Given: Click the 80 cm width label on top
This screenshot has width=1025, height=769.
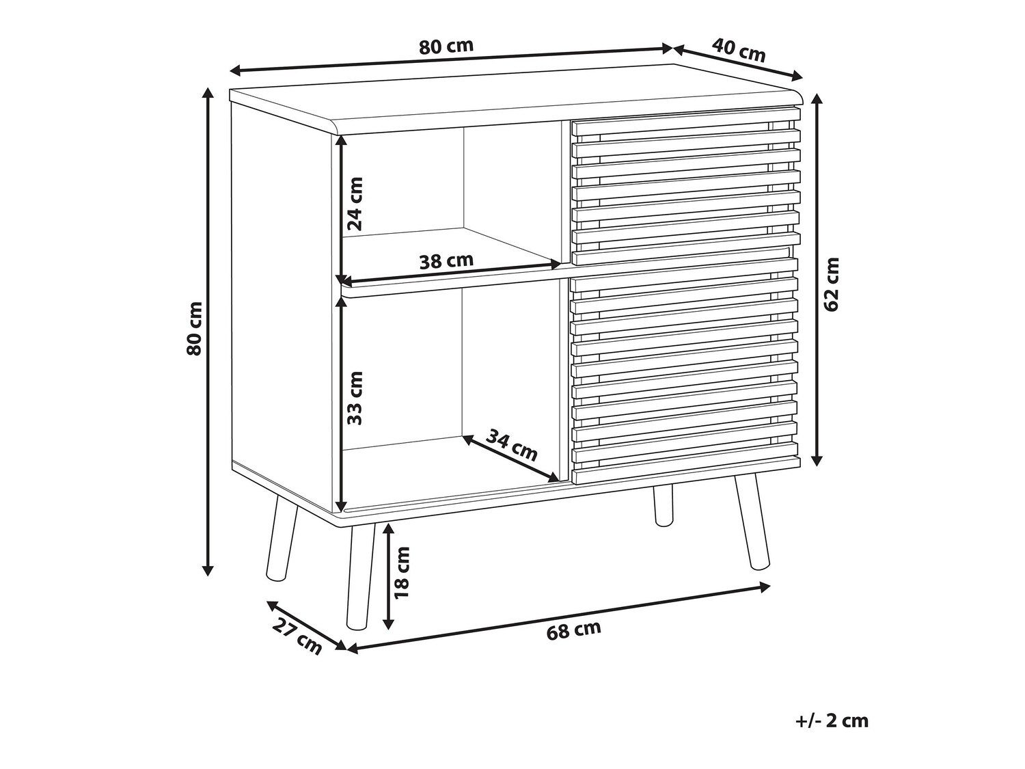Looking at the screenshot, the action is point(446,46).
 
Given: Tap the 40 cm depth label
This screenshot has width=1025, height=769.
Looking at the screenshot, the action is point(738,51).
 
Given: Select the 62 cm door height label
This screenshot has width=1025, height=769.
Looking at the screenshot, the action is point(831,284).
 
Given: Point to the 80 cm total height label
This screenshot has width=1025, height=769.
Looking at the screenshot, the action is point(194,329).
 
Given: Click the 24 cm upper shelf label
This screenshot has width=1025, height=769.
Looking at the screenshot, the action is point(355,204).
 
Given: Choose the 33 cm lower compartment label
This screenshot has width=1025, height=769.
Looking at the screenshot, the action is point(355,398).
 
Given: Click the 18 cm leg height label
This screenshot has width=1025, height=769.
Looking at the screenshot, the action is point(401,572).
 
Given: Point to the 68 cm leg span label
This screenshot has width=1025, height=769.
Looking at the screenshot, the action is point(573,630).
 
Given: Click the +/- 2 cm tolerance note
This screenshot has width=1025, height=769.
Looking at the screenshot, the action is point(832,734).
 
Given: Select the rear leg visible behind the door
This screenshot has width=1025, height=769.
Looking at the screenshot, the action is point(664,505).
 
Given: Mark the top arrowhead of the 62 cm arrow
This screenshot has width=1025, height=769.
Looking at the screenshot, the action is point(817,99).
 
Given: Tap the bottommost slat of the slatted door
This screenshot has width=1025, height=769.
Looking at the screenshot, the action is point(685,470).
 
